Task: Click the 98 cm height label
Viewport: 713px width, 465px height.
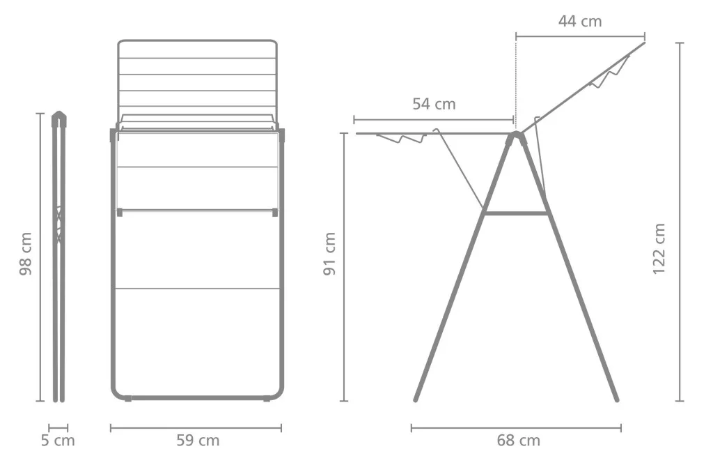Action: (26, 254)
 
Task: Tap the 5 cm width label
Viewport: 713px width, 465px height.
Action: (58, 441)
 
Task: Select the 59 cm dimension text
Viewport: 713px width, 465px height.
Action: (198, 441)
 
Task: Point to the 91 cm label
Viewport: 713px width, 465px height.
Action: (329, 254)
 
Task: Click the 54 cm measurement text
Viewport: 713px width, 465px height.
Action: (434, 105)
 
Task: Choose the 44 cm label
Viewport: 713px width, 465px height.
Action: (580, 22)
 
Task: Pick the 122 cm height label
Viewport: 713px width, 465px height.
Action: (659, 249)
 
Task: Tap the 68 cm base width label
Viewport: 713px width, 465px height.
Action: (518, 441)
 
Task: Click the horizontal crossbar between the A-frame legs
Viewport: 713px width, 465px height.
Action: (515, 213)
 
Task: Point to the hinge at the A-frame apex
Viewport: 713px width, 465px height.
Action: (516, 136)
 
